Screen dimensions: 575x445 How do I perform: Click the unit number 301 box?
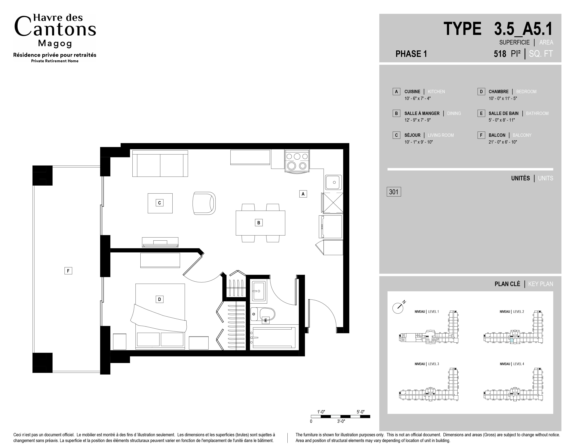(394, 192)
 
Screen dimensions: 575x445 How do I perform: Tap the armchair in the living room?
(204, 203)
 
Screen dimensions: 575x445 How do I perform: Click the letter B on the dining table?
(258, 223)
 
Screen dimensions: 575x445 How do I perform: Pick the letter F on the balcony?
(68, 271)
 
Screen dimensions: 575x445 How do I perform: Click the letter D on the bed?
(159, 299)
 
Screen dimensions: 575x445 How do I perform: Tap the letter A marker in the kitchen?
(303, 194)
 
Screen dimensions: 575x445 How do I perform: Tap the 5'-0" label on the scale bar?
(360, 412)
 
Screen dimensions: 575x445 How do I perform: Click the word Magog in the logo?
(55, 43)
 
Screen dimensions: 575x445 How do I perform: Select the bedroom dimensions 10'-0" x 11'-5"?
(503, 98)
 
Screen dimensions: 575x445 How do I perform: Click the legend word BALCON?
(497, 135)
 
